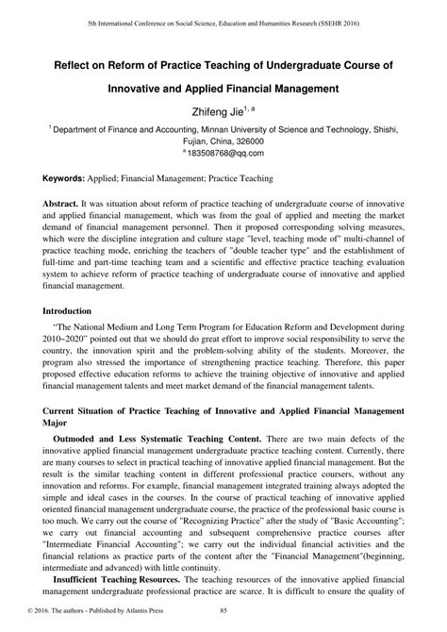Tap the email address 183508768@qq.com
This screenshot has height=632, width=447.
[223, 152]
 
